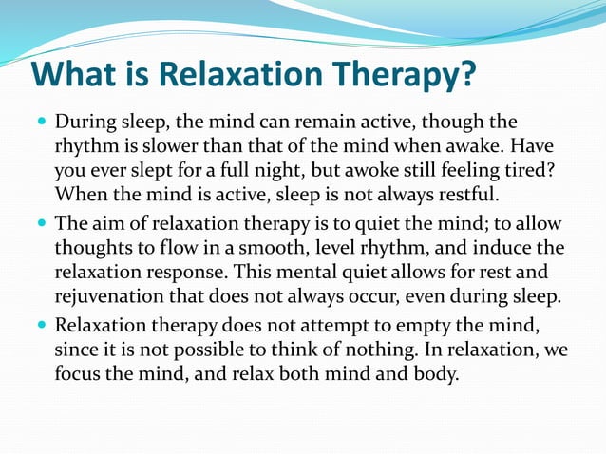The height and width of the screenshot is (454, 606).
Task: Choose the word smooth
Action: pyautogui.click(x=291, y=248)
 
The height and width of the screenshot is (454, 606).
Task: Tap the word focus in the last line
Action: pyautogui.click(x=79, y=373)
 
